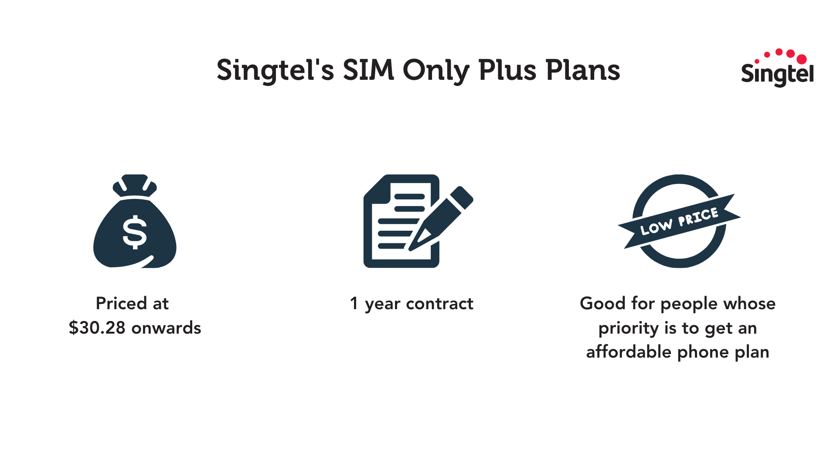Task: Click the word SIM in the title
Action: (368, 70)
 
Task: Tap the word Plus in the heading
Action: (507, 70)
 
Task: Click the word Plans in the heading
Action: (583, 70)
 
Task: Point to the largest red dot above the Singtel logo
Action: (801, 59)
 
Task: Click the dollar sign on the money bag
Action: (135, 232)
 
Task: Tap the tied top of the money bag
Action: (135, 185)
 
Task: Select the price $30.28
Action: (97, 328)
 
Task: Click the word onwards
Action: (166, 328)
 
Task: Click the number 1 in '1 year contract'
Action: (354, 304)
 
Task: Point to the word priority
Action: (628, 328)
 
